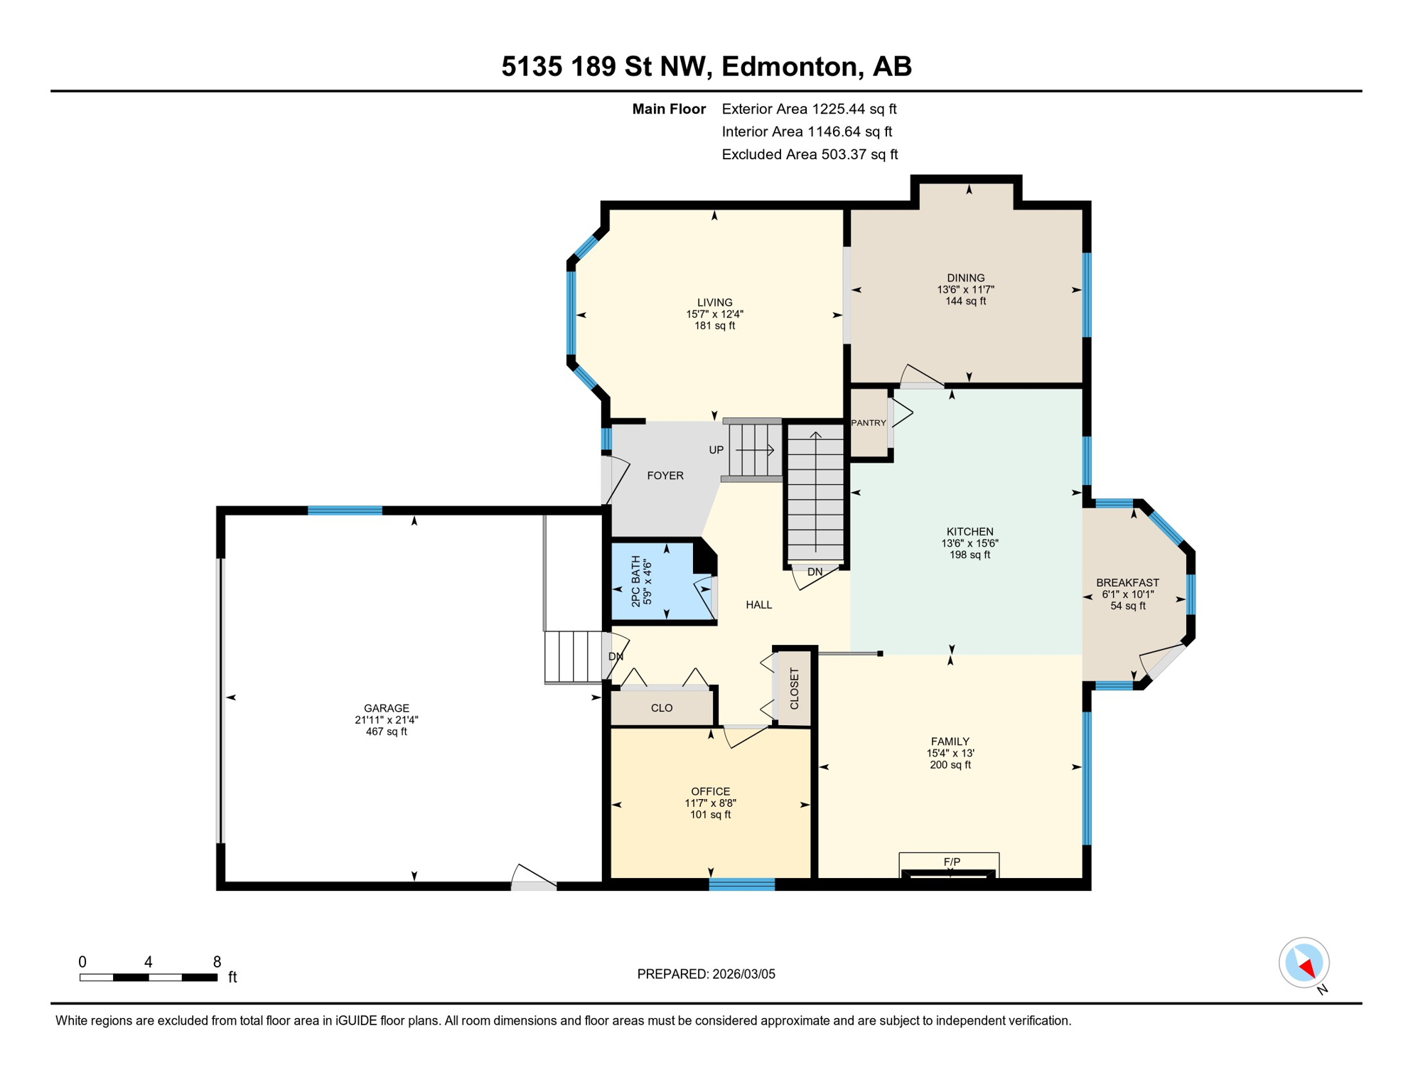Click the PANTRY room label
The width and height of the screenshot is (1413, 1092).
[868, 423]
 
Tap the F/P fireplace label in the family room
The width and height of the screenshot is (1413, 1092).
[952, 862]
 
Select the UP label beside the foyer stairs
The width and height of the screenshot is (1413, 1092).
[716, 450]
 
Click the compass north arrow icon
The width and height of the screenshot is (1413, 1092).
[1304, 963]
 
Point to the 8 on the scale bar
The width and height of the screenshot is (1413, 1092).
[217, 962]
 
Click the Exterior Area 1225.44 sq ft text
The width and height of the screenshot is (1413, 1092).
[809, 109]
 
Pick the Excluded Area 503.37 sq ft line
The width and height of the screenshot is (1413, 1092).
[810, 154]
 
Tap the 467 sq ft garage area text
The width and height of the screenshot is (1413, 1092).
[386, 732]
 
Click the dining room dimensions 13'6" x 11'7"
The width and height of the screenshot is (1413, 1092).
[965, 289]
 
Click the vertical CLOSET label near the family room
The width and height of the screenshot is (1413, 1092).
[795, 688]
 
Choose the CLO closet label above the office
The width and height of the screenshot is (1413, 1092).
[662, 708]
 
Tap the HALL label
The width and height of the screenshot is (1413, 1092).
[758, 605]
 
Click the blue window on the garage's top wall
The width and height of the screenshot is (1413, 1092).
[345, 510]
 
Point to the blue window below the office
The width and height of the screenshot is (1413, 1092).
[741, 884]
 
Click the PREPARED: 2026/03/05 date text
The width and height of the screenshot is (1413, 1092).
[706, 974]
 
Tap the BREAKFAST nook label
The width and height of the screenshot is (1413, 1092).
[1127, 583]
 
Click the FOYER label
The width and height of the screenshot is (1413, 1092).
[665, 476]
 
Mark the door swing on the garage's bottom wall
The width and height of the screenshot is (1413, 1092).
[533, 878]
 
